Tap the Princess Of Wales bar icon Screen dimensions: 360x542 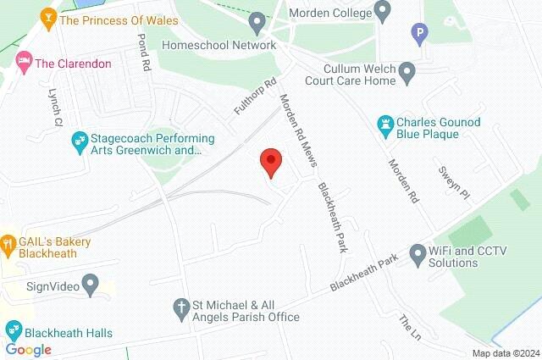(49, 17)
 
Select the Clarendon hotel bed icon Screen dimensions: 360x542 (23, 62)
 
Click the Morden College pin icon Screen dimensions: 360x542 (383, 13)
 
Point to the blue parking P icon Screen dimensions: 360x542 (418, 35)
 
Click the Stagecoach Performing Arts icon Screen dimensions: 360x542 (80, 138)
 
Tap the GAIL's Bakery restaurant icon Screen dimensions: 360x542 (8, 243)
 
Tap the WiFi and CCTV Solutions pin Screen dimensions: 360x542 (417, 252)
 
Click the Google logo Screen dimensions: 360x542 (29, 349)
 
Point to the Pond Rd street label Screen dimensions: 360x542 (143, 53)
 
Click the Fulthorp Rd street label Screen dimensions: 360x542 (257, 98)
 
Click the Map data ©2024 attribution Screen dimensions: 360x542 (505, 353)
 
